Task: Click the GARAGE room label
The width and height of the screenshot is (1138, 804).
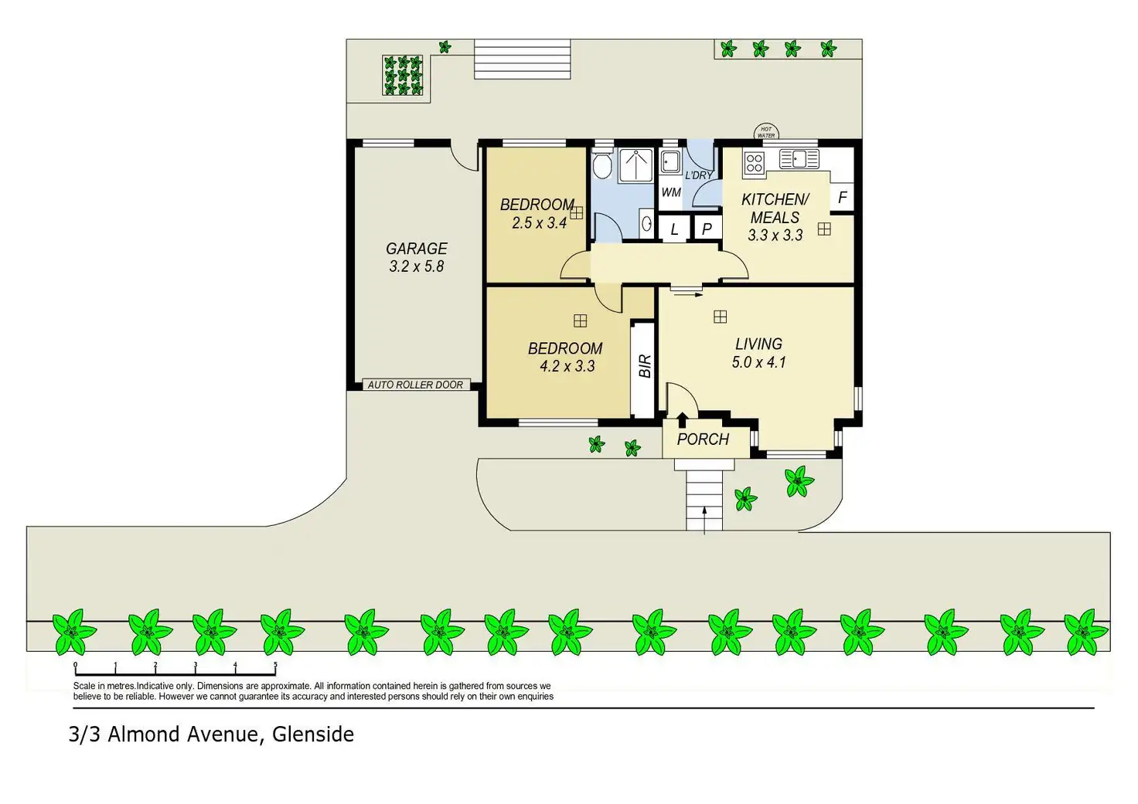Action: click(416, 249)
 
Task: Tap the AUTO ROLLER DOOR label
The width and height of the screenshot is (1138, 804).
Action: click(415, 385)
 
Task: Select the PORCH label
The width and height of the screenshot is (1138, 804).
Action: click(703, 439)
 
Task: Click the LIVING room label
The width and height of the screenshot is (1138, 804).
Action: click(758, 344)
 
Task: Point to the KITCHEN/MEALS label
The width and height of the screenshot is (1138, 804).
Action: click(775, 209)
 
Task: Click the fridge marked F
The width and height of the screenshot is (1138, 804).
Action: click(842, 198)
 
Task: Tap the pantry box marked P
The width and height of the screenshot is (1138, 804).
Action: click(707, 229)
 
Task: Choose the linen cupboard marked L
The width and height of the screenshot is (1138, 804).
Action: click(674, 229)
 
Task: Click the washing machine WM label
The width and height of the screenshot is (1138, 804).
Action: click(671, 192)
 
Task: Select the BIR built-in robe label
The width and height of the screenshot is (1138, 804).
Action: click(645, 366)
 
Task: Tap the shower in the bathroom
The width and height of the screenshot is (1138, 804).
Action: click(637, 165)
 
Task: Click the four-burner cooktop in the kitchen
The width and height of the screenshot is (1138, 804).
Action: click(755, 163)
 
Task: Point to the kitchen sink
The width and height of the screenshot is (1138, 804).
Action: click(799, 159)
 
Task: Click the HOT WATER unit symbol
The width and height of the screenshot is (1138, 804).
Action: click(765, 132)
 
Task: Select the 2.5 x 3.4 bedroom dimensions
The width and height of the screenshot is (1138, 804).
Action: click(539, 223)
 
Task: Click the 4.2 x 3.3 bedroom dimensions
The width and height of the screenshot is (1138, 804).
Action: click(567, 366)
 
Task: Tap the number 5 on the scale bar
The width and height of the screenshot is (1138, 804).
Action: click(275, 665)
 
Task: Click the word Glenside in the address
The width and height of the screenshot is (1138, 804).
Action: click(313, 734)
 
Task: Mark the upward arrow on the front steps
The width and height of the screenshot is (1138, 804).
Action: click(704, 518)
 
